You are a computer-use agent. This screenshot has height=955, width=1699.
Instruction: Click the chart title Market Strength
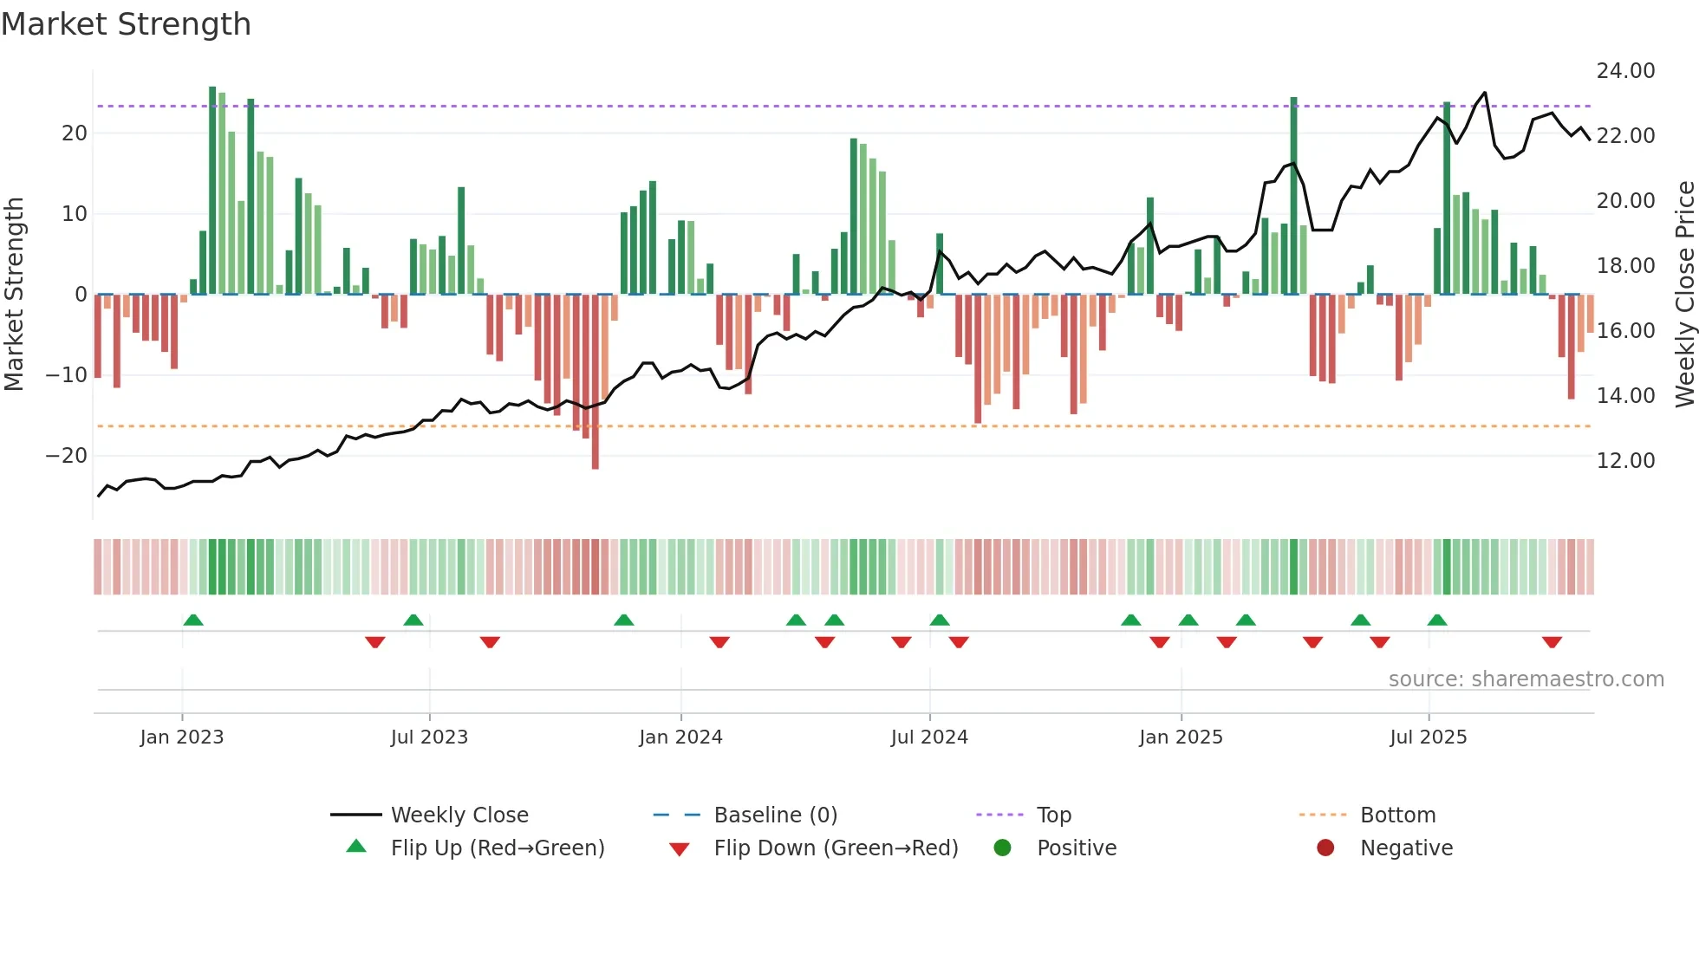click(x=126, y=24)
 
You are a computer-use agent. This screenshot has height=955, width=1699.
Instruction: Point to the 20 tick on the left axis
click(x=75, y=133)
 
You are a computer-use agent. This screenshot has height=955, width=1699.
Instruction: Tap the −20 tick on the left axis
click(x=67, y=456)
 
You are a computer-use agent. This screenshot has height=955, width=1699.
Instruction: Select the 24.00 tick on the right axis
click(x=1625, y=71)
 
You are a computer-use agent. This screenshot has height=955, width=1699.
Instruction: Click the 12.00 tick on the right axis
click(x=1625, y=461)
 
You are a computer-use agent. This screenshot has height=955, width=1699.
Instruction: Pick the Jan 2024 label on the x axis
click(x=680, y=737)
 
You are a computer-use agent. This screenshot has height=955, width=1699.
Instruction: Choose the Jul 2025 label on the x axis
click(x=1428, y=737)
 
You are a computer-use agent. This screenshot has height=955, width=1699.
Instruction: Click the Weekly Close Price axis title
click(x=1684, y=295)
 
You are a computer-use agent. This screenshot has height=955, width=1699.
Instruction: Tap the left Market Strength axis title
click(x=14, y=295)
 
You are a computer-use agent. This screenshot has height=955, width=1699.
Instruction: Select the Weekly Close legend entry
click(x=459, y=815)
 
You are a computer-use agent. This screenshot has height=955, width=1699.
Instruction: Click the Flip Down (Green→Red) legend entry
click(x=836, y=848)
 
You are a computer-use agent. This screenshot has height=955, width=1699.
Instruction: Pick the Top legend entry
click(x=1054, y=815)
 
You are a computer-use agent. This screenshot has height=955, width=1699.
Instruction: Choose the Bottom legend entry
click(x=1397, y=815)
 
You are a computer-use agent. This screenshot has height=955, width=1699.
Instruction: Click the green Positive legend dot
click(x=1003, y=848)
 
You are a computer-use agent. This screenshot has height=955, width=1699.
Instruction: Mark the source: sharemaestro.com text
click(x=1526, y=679)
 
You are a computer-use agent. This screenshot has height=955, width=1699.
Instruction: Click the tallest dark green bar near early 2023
click(x=212, y=191)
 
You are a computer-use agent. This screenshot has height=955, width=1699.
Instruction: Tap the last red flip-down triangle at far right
click(x=1552, y=642)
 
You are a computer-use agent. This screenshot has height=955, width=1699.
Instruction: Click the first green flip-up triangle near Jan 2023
click(x=193, y=620)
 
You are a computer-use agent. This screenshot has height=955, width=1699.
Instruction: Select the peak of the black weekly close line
click(x=1485, y=93)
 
